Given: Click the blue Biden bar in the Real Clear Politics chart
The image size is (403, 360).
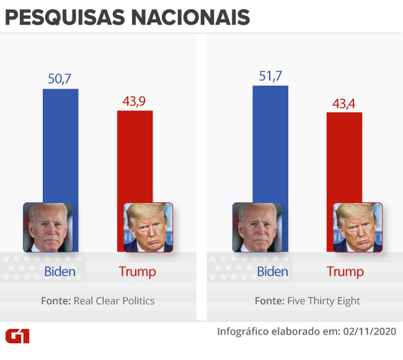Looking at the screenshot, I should (x=60, y=144).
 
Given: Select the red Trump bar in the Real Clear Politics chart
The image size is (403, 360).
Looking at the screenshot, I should (x=135, y=156).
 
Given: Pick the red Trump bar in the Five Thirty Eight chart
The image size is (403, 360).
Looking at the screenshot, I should (x=344, y=156).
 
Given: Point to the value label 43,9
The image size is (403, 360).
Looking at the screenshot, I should (x=134, y=101).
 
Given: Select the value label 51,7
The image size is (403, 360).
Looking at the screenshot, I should (x=270, y=76).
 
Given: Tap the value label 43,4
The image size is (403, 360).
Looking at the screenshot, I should (x=344, y=103).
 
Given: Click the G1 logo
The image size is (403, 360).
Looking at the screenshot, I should (x=17, y=336).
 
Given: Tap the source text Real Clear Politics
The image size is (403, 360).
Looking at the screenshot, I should (x=114, y=301).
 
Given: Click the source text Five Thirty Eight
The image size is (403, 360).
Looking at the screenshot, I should (x=323, y=301).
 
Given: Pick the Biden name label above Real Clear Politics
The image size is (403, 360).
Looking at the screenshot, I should (x=60, y=271).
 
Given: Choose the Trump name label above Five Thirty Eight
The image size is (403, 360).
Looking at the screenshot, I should (x=345, y=271).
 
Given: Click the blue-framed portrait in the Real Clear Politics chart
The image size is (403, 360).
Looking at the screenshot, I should (x=48, y=227).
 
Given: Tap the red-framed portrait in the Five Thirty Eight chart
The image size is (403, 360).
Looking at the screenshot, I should (x=358, y=227).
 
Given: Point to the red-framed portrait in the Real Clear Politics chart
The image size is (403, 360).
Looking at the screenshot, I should (x=148, y=227).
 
